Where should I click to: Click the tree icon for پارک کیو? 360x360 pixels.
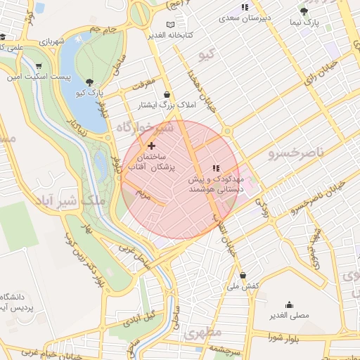(x=90, y=82)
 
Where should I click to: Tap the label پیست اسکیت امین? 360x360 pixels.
(x=54, y=77)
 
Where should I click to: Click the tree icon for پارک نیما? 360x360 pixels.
(x=304, y=11)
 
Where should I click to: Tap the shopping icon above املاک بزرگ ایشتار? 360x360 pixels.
(x=167, y=94)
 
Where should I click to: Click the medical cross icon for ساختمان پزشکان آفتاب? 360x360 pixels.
(x=151, y=145)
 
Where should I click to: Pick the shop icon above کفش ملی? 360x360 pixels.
(x=243, y=275)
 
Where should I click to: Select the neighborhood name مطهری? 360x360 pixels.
(x=203, y=332)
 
